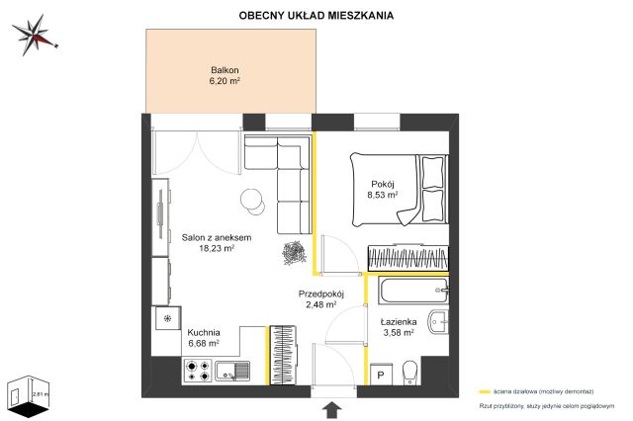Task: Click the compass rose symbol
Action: [x=38, y=32]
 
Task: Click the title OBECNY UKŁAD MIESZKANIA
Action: [x=316, y=16]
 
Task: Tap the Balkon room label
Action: [x=225, y=69]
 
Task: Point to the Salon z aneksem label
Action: [x=216, y=237]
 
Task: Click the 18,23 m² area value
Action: [x=216, y=249]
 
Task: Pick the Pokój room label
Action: [x=383, y=184]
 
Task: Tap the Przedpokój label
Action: [x=320, y=294]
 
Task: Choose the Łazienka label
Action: [x=397, y=321]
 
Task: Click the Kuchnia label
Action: [x=203, y=332]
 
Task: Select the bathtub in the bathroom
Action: [x=408, y=293]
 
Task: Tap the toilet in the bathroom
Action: [x=411, y=373]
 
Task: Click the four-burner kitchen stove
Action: [x=197, y=372]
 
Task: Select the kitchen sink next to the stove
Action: [x=231, y=372]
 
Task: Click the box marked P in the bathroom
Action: [x=381, y=376]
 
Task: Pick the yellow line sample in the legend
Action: [x=485, y=390]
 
